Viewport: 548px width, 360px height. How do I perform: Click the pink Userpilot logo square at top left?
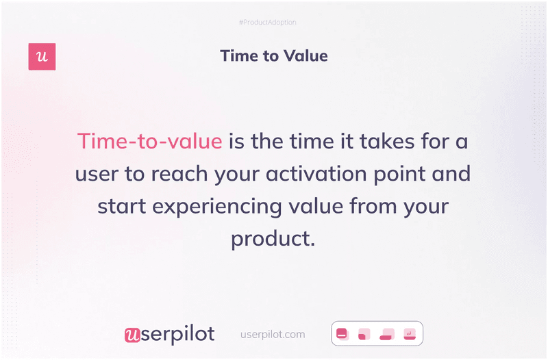pos(42,57)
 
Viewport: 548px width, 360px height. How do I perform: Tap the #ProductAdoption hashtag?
pos(267,23)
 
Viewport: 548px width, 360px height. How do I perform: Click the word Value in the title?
pos(303,56)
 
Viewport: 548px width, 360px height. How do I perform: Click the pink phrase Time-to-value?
pos(149,141)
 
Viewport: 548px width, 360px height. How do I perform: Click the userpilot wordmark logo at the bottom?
pos(169,334)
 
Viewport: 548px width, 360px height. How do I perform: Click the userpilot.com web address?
pos(273,335)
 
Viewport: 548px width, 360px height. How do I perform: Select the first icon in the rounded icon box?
pos(342,334)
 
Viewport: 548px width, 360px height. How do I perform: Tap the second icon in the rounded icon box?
pos(364,334)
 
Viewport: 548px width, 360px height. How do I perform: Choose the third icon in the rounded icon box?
pos(387,334)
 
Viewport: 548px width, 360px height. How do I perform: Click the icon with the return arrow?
pos(410,334)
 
